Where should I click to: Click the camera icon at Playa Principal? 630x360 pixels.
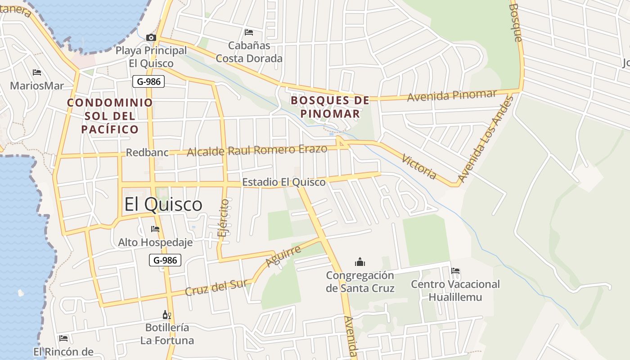[x=151, y=37]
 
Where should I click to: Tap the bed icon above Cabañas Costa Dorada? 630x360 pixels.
[x=249, y=32]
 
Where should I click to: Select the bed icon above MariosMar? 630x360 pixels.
[x=37, y=72]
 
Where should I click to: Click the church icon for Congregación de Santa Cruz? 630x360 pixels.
[x=360, y=262]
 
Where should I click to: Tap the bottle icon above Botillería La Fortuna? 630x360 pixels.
[x=167, y=315]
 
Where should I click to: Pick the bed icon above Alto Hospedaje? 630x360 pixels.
[x=155, y=229]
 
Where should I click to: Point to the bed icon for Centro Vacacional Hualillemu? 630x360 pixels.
[x=455, y=271]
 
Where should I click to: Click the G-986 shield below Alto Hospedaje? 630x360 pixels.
[x=165, y=260]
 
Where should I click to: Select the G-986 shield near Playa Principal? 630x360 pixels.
[x=148, y=81]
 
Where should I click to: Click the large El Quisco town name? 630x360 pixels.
[x=163, y=204]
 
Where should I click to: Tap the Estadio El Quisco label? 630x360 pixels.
[x=283, y=182]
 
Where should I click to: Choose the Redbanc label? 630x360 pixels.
[x=147, y=153]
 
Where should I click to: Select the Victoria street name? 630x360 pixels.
[x=419, y=166]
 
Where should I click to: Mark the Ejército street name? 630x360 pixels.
[x=223, y=218]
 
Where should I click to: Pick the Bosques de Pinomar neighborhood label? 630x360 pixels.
[x=330, y=107]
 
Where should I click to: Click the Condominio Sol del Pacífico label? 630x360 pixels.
[x=110, y=116]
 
